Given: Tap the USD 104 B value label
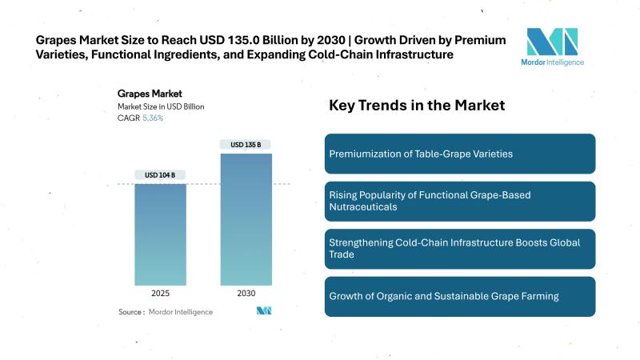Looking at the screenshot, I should (x=160, y=174).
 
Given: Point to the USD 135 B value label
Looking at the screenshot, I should (x=246, y=145).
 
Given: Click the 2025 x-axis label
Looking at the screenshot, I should (x=160, y=294).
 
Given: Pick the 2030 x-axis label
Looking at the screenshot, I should (x=246, y=294).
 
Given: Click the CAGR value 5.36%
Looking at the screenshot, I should (x=154, y=118).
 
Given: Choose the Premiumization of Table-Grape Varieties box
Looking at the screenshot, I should (x=460, y=154).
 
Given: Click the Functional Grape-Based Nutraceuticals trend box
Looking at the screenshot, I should (x=460, y=201).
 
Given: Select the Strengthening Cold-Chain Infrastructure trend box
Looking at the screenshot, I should (x=460, y=249).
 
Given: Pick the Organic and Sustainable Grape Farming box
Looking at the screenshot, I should (x=460, y=296).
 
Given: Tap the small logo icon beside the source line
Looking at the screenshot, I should (x=264, y=310).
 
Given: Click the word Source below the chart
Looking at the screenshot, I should (x=131, y=311).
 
